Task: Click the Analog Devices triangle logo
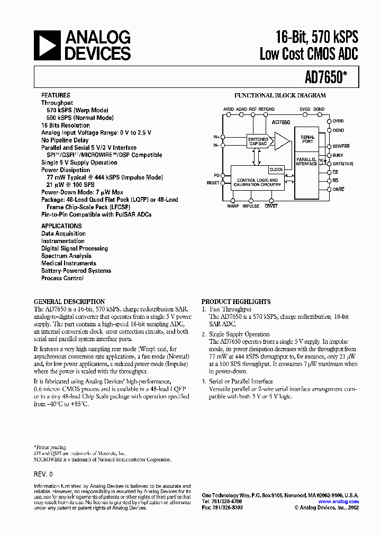pos(47,46)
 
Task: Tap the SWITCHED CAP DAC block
pos(258,141)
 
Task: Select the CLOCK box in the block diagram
pos(276,169)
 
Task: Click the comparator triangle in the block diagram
pos(282,141)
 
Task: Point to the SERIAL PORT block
pos(307,139)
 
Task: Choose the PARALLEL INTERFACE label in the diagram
pos(306,161)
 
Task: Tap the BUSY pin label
pos(338,155)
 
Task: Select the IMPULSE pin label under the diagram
pos(251,206)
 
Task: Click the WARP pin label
pos(233,206)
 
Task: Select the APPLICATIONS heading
pos(61,226)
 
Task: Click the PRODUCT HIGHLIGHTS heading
pos(236,301)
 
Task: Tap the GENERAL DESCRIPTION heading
pos(69,301)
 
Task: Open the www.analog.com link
pos(338,502)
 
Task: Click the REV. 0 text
pos(43,475)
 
